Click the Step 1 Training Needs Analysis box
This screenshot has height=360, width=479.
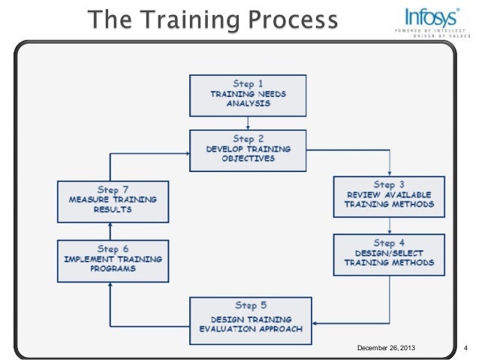247,94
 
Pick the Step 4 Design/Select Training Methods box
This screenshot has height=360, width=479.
389,253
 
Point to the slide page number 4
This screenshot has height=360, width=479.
466,347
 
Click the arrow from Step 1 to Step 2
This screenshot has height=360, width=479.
247,123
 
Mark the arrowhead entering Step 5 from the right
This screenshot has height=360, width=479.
310,324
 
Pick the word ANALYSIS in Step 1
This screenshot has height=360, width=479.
247,104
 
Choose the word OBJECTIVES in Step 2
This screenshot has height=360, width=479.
247,159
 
